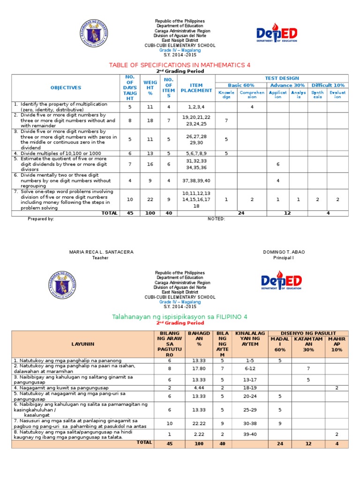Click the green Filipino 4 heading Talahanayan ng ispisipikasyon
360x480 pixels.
point(180,317)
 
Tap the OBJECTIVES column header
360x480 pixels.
point(66,88)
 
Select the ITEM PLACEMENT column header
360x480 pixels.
point(196,88)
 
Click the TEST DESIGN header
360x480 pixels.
point(282,78)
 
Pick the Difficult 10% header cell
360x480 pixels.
point(328,85)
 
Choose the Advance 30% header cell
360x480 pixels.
point(287,85)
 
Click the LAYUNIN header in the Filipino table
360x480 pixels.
point(82,344)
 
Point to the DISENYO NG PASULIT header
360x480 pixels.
point(307,333)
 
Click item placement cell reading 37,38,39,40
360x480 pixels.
point(196,180)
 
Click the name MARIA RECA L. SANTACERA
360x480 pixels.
point(101,252)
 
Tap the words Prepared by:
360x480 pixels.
point(41,219)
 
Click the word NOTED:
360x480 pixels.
point(217,219)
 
